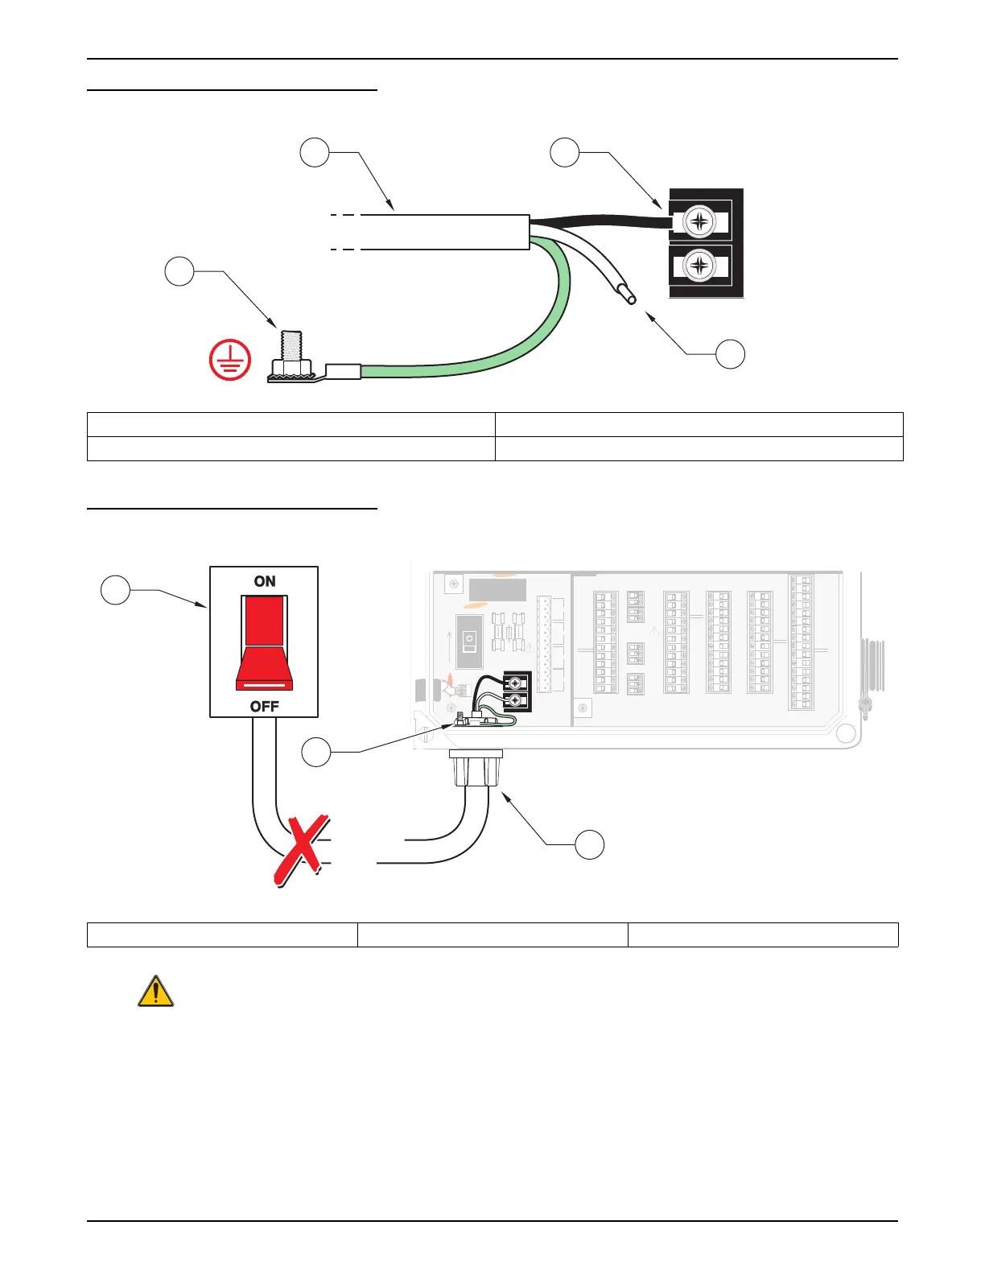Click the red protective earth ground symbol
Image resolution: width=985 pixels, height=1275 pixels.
tap(229, 359)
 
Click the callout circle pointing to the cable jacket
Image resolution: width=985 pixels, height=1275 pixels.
tap(315, 152)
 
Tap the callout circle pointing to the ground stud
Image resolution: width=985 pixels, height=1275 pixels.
tap(179, 271)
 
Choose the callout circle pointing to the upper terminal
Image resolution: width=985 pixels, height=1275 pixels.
tap(565, 152)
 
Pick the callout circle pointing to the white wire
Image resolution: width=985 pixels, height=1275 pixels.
tap(730, 354)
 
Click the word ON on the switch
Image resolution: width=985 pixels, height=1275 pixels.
tap(265, 581)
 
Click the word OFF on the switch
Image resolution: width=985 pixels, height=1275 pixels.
tap(264, 707)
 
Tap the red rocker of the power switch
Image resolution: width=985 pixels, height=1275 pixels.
tap(264, 644)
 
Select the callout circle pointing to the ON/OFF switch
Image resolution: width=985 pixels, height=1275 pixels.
tap(115, 590)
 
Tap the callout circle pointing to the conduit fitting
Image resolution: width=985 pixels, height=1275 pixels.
tap(590, 844)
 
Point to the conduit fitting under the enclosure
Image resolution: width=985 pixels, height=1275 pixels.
tap(476, 768)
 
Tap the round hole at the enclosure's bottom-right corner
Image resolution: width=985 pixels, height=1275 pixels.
tap(845, 733)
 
